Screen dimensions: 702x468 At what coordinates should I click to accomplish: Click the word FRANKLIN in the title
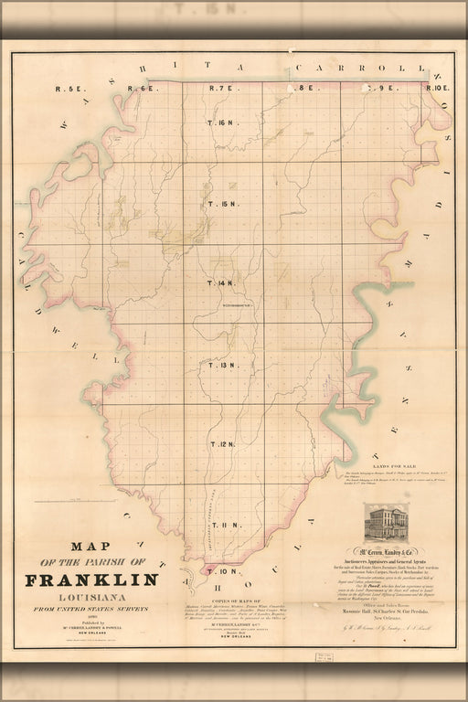[x=91, y=580]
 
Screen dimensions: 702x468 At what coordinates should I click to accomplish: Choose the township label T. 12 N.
[x=223, y=444]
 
